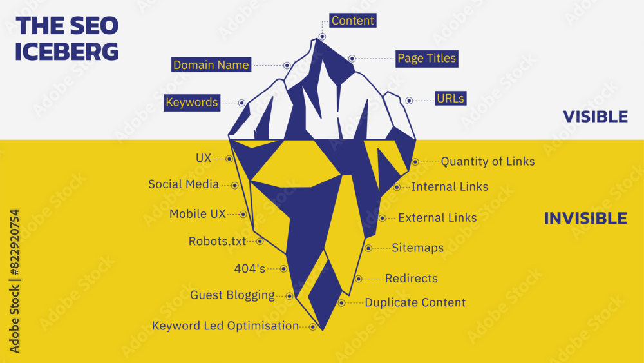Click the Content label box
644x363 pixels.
(x=353, y=21)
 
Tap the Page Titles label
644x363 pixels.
(x=427, y=59)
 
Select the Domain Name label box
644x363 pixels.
(x=211, y=65)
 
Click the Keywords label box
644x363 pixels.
(x=192, y=103)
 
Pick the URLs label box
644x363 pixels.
(x=451, y=99)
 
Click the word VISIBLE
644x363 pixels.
(x=595, y=117)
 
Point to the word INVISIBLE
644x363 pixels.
(x=585, y=219)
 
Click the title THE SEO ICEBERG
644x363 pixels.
(x=67, y=39)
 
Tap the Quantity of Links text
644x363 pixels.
(x=488, y=162)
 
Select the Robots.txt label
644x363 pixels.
(x=217, y=241)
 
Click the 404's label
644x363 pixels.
(x=250, y=268)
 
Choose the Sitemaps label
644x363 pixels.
(x=418, y=248)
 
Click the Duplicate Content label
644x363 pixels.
(x=415, y=302)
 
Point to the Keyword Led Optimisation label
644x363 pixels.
(x=225, y=326)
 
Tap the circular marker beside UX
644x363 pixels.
(x=229, y=159)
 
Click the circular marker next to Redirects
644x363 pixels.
(x=359, y=279)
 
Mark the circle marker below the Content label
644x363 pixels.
(x=322, y=37)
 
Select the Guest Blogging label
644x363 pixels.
(x=232, y=295)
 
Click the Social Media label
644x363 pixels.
(x=184, y=184)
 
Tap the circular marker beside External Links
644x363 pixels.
(x=383, y=218)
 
